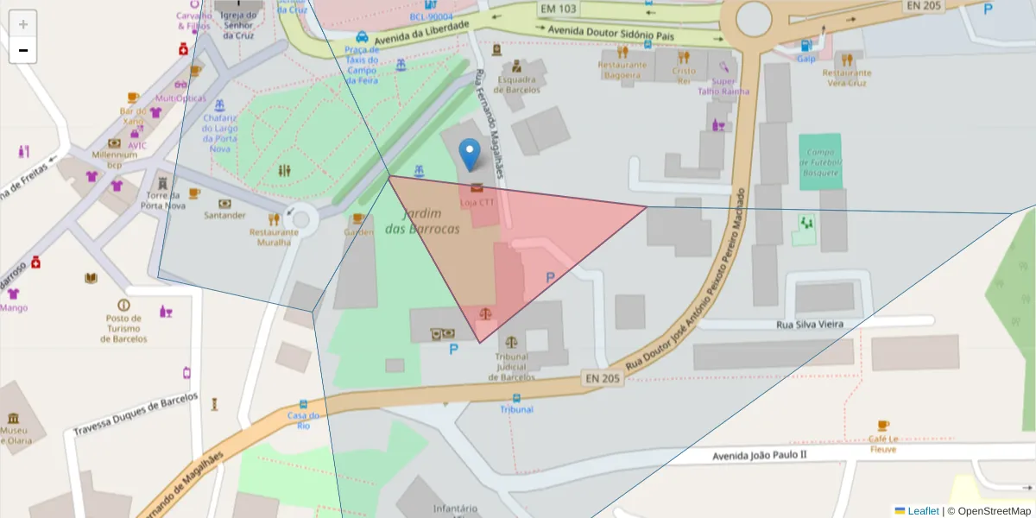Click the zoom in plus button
coord(23,24)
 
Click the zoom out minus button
coord(23,50)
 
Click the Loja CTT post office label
coord(477,202)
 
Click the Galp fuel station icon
coord(805,46)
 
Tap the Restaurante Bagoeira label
coord(622,70)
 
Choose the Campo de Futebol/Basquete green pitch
coord(819,162)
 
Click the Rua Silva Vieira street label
coord(809,324)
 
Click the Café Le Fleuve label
coord(882,444)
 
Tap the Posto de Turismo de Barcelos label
coord(123,328)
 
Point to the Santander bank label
coord(224,215)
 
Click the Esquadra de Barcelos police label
coord(516,85)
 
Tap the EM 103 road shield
coord(558,9)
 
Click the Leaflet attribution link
coord(923,511)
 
